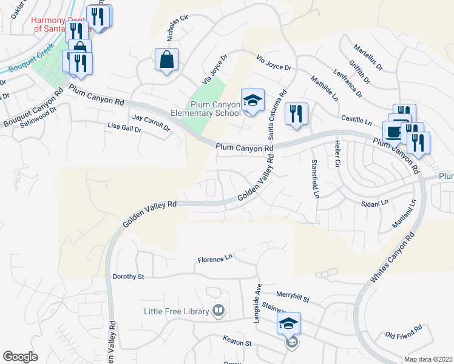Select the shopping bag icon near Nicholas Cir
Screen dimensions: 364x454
pyautogui.click(x=166, y=60)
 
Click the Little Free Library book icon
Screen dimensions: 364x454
pyautogui.click(x=219, y=311)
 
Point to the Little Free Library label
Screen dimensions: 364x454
pyautogui.click(x=176, y=312)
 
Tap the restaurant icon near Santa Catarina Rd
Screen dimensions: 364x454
pyautogui.click(x=296, y=113)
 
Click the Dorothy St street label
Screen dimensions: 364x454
pyautogui.click(x=128, y=277)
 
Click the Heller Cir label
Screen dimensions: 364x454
pyautogui.click(x=337, y=154)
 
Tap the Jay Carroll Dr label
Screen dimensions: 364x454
pyautogui.click(x=151, y=120)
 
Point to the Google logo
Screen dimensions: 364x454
pyautogui.click(x=20, y=356)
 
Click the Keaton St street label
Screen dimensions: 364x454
pyautogui.click(x=237, y=343)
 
